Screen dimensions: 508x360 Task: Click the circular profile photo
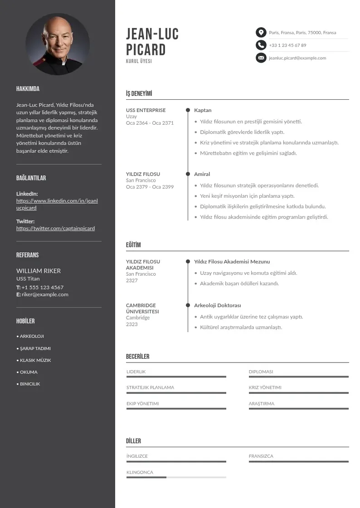pos(58,44)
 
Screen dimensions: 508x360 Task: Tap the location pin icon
pos(261,32)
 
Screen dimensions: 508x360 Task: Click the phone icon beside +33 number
pos(261,45)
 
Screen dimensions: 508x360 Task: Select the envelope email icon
pos(261,58)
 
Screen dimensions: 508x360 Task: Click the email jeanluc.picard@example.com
pos(297,58)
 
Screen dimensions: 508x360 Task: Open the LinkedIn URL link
pos(57,204)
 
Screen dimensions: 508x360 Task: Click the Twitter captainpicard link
pos(55,228)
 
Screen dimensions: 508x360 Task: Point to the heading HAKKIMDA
pos(28,89)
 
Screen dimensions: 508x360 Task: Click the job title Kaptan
pos(203,110)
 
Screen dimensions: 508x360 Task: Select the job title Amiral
pos(202,174)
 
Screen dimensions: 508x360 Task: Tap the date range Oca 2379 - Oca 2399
pos(150,187)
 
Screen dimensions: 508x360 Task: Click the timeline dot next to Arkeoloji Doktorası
pos(188,305)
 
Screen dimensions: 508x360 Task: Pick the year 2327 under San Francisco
pos(131,280)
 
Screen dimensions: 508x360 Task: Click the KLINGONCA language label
pos(140,472)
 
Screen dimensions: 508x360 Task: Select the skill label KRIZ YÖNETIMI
pos(265,387)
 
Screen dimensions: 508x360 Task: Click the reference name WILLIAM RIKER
pos(39,271)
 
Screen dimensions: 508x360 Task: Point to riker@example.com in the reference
pos(45,294)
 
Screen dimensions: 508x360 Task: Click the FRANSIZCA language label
pos(261,456)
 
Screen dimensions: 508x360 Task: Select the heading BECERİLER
pos(137,357)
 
